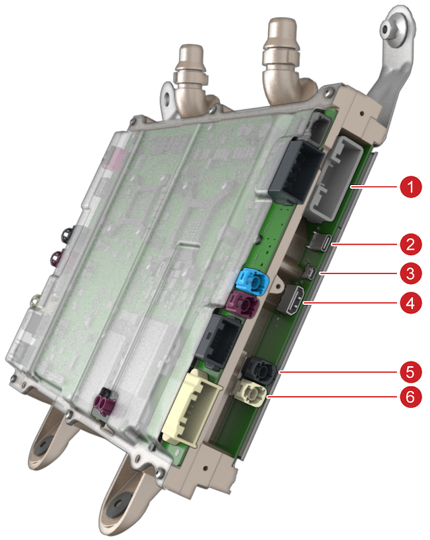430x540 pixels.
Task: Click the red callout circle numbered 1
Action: click(x=410, y=187)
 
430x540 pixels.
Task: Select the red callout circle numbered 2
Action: click(x=410, y=244)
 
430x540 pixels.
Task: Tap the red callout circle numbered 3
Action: click(x=410, y=274)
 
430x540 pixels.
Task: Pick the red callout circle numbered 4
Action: click(x=410, y=303)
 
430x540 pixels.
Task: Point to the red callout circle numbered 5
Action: click(x=410, y=372)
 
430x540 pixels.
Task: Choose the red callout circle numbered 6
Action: click(x=410, y=397)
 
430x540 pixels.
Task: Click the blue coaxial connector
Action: click(x=252, y=281)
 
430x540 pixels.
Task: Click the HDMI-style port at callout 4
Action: click(x=291, y=299)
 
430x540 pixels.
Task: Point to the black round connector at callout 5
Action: click(x=260, y=371)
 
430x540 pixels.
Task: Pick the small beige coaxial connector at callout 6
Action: click(x=250, y=392)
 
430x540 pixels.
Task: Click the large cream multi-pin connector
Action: click(x=191, y=408)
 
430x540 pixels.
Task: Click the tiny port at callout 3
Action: click(x=309, y=273)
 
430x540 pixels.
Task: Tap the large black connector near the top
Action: click(x=297, y=171)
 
